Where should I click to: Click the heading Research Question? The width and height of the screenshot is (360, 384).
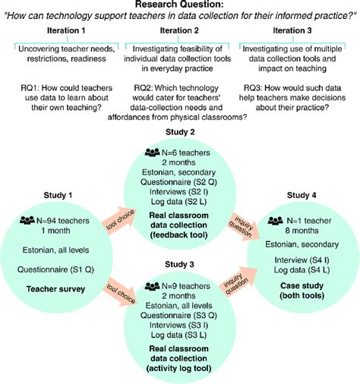click(181, 6)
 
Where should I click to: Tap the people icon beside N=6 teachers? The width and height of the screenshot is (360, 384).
click(150, 154)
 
